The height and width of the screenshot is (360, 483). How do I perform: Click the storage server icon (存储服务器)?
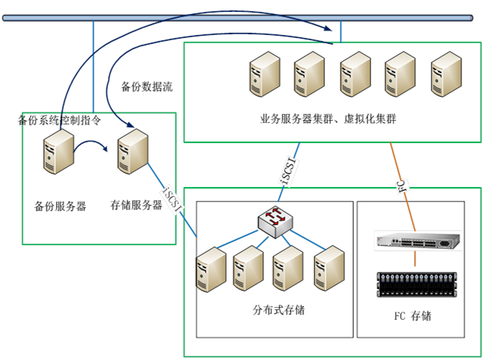click(x=133, y=151)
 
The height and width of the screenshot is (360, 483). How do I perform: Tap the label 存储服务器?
click(x=136, y=203)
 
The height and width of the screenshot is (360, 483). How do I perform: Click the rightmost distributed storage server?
click(x=329, y=265)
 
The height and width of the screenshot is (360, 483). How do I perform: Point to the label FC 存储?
click(x=412, y=316)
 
